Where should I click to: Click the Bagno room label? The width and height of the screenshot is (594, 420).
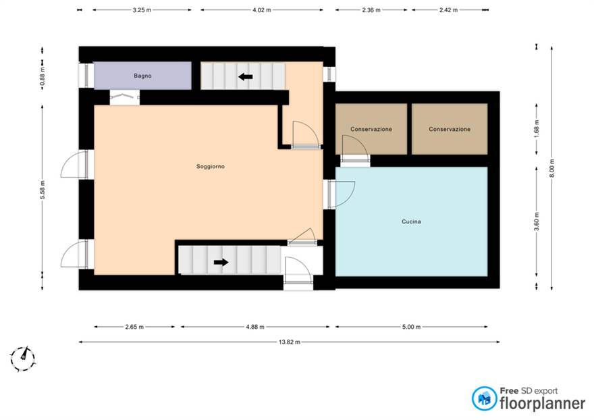point(142,76)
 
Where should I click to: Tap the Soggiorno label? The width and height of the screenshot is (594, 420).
point(210,166)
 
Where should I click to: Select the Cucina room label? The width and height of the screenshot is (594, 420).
point(411,221)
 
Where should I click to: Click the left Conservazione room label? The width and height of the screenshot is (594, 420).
point(371,129)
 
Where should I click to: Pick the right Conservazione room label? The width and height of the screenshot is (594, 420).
point(450,129)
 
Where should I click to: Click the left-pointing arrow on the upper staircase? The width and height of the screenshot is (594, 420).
point(246,77)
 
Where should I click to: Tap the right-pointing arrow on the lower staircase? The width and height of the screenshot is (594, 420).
point(221,262)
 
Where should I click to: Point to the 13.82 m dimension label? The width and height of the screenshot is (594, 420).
point(290,342)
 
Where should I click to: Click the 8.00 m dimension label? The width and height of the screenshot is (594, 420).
point(551,168)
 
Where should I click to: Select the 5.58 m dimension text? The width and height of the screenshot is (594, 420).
point(43,190)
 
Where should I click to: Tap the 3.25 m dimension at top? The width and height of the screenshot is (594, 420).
point(142,10)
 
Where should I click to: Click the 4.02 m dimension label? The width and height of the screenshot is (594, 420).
point(262,10)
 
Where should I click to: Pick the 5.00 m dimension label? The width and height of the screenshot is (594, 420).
point(411,327)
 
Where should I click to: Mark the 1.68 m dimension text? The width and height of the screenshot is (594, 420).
point(537,129)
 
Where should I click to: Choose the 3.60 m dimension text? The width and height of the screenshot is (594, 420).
point(537,221)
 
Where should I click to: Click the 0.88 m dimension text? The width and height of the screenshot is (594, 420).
point(43,76)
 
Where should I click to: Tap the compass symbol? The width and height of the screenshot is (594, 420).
point(23,358)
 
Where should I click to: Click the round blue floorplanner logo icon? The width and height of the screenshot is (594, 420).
point(484,398)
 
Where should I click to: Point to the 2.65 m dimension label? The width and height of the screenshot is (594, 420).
point(134,327)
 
